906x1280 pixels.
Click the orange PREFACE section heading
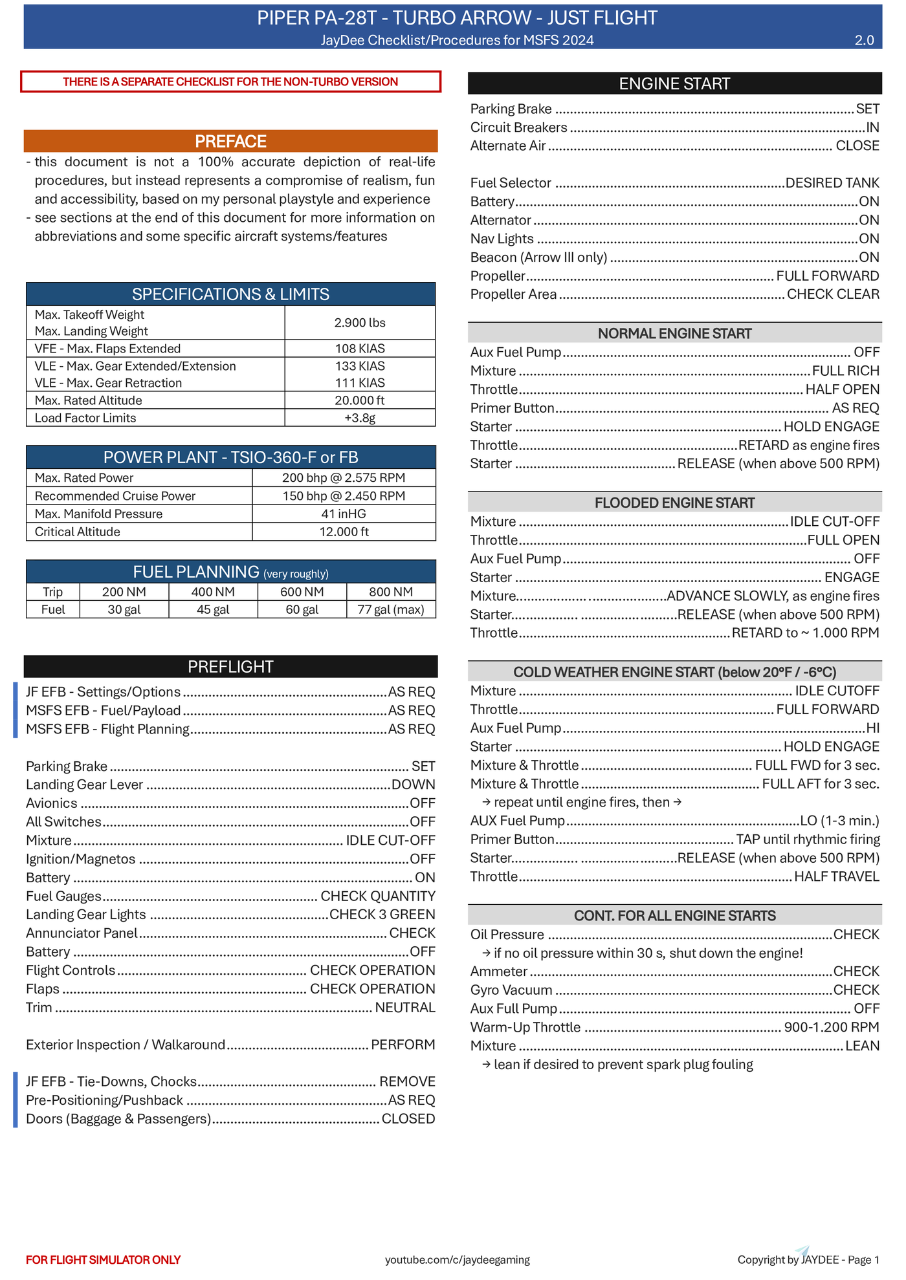point(230,141)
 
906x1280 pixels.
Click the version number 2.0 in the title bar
point(864,40)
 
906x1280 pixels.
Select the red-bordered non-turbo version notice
point(230,81)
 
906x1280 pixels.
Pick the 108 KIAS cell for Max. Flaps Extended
point(360,349)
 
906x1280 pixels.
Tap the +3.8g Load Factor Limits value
point(360,418)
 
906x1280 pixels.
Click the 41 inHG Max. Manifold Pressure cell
point(344,514)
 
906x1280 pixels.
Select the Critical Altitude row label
point(78,532)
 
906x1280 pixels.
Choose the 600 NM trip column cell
point(302,592)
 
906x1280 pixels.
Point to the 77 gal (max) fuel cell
point(391,609)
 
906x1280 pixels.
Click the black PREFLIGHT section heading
point(230,666)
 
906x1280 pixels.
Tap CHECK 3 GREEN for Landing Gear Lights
point(382,915)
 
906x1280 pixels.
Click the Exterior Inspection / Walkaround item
point(126,1045)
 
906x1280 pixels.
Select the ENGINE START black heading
point(674,83)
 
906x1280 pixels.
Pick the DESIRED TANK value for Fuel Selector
point(832,183)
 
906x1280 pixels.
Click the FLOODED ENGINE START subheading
point(674,503)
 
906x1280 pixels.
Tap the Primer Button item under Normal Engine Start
point(513,408)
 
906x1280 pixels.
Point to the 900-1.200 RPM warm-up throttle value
point(831,1027)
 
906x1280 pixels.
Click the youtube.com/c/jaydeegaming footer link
point(458,1259)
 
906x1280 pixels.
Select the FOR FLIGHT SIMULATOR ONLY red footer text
point(104,1259)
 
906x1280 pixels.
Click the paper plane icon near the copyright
point(802,1250)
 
